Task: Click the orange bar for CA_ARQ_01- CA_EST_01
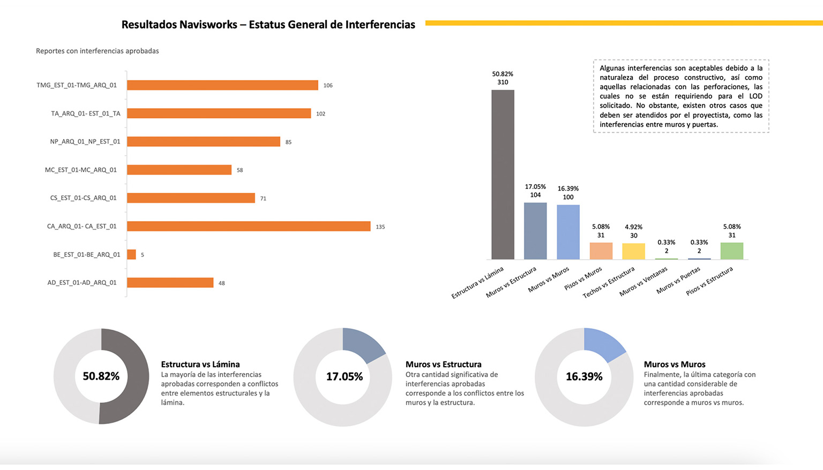(249, 226)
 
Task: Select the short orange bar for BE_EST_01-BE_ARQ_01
(131, 254)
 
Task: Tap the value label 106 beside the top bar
(328, 86)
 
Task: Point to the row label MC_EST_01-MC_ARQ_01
(80, 170)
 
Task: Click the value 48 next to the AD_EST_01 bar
(222, 283)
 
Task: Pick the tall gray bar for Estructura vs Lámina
(503, 175)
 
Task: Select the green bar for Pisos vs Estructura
(732, 251)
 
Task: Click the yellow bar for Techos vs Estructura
(633, 252)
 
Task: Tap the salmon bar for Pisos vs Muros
(601, 251)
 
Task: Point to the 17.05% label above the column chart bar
(535, 187)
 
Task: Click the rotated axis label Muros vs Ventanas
(644, 282)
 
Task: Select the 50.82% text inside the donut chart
(101, 376)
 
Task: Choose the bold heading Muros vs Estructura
(443, 365)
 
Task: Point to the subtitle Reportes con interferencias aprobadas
(97, 51)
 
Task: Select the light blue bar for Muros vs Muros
(568, 232)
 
